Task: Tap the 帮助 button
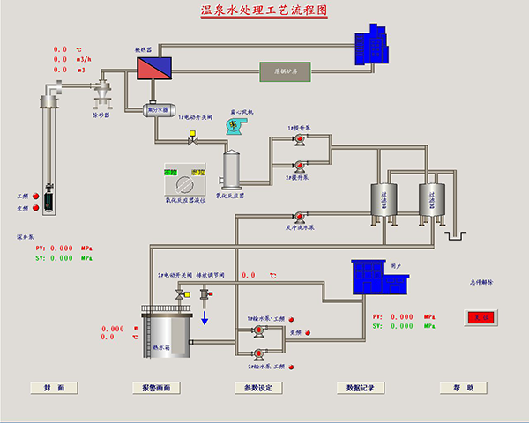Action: [x=464, y=387]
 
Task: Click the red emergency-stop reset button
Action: [x=481, y=316]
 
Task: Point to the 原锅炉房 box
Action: [x=284, y=70]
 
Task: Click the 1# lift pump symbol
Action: [x=299, y=141]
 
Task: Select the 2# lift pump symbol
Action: [x=299, y=164]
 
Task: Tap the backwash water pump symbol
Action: [x=299, y=214]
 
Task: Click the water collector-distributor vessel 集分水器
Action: [x=158, y=109]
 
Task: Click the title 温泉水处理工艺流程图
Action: [x=264, y=11]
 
